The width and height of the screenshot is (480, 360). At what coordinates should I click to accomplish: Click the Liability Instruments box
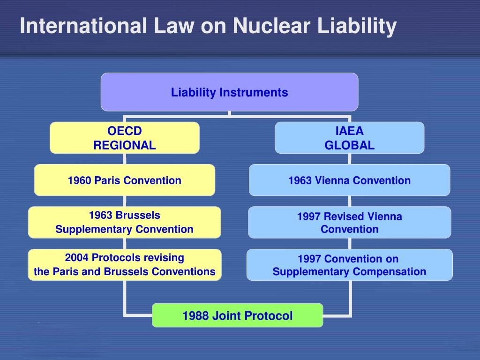click(229, 92)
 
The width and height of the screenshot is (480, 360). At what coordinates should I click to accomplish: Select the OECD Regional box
click(124, 138)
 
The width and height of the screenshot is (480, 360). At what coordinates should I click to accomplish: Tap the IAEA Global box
click(349, 138)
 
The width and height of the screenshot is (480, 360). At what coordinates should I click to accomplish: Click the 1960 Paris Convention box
click(124, 180)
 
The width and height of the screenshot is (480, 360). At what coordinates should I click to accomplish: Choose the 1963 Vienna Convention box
click(349, 180)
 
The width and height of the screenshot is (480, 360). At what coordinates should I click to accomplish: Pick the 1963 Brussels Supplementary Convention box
click(124, 222)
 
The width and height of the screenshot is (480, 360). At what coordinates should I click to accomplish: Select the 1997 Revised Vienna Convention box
click(349, 222)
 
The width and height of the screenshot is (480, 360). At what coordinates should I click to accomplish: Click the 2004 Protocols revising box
click(124, 264)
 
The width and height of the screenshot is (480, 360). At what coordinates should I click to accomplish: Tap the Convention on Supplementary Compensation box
click(349, 265)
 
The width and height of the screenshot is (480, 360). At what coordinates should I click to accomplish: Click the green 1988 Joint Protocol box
click(237, 315)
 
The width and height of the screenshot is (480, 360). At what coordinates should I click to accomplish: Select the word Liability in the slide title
click(357, 26)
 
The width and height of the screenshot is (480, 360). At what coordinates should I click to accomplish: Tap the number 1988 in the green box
click(195, 316)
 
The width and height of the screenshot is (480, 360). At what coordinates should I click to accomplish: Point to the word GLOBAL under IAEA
click(350, 145)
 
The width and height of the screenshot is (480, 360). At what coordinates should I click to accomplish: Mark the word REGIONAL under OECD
click(124, 145)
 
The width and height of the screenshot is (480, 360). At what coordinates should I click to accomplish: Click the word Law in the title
click(174, 26)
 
